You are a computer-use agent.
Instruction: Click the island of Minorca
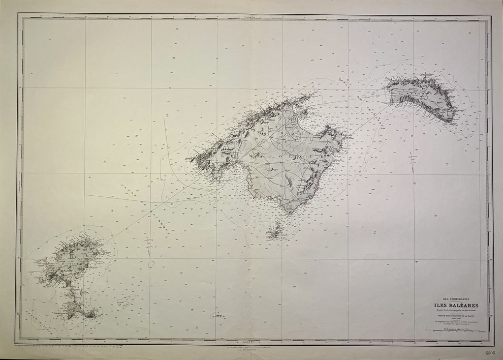[x=424, y=99]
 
